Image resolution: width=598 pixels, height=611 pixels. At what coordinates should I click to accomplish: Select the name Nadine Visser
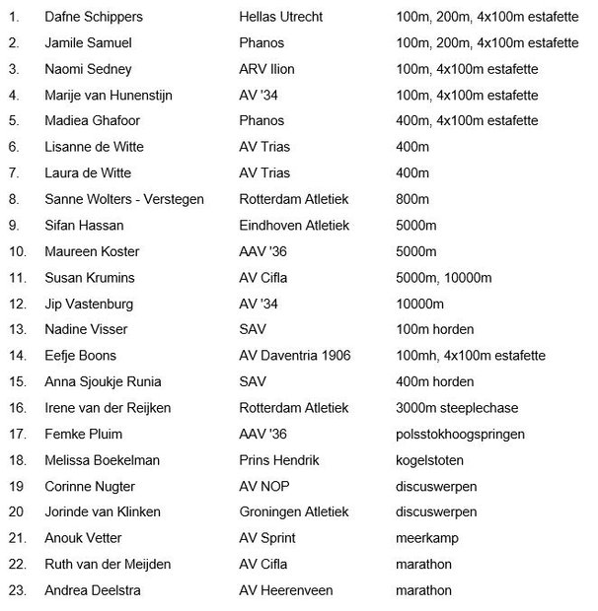[x=86, y=329]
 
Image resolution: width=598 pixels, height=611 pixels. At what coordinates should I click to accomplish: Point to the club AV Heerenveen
[x=286, y=590]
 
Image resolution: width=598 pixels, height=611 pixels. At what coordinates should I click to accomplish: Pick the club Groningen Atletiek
[x=295, y=512]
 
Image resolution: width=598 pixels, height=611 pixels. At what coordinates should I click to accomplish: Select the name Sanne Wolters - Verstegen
[x=124, y=200]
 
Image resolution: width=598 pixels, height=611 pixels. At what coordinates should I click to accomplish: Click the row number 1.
[x=13, y=18]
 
